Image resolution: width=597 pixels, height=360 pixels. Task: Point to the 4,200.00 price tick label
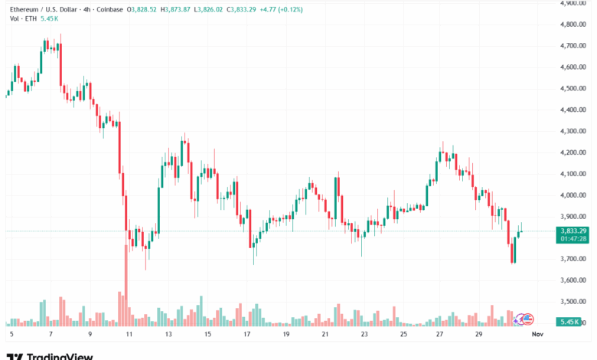pyautogui.click(x=572, y=152)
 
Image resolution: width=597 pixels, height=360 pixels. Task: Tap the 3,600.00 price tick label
pyautogui.click(x=572, y=280)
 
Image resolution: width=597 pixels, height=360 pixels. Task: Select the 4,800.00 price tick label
pyautogui.click(x=572, y=25)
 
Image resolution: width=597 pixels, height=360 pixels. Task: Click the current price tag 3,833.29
pyautogui.click(x=573, y=231)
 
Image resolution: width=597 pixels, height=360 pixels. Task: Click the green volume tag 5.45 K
pyautogui.click(x=570, y=322)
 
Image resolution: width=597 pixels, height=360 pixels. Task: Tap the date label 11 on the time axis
pyautogui.click(x=129, y=335)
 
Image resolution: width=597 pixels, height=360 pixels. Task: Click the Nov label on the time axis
pyautogui.click(x=537, y=335)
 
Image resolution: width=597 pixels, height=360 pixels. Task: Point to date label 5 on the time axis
pyautogui.click(x=11, y=335)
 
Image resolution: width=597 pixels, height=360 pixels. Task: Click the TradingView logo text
pyautogui.click(x=60, y=356)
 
